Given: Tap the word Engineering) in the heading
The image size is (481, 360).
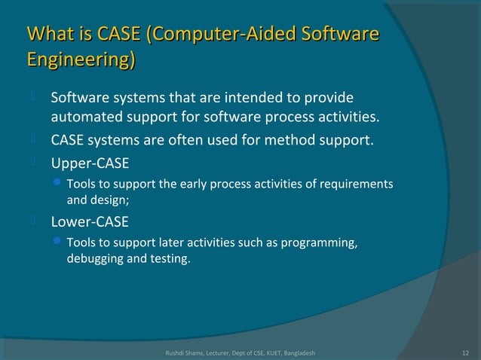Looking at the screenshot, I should coord(81,59).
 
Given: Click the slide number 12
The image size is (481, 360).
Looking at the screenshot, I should coord(465,352).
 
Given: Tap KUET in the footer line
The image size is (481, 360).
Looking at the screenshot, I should coord(266,352).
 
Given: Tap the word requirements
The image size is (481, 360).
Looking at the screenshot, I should coord(357,185).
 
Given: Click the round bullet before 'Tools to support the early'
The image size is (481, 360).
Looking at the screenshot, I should coord(59,184).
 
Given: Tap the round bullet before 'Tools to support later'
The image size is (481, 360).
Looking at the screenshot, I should coord(59,243).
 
